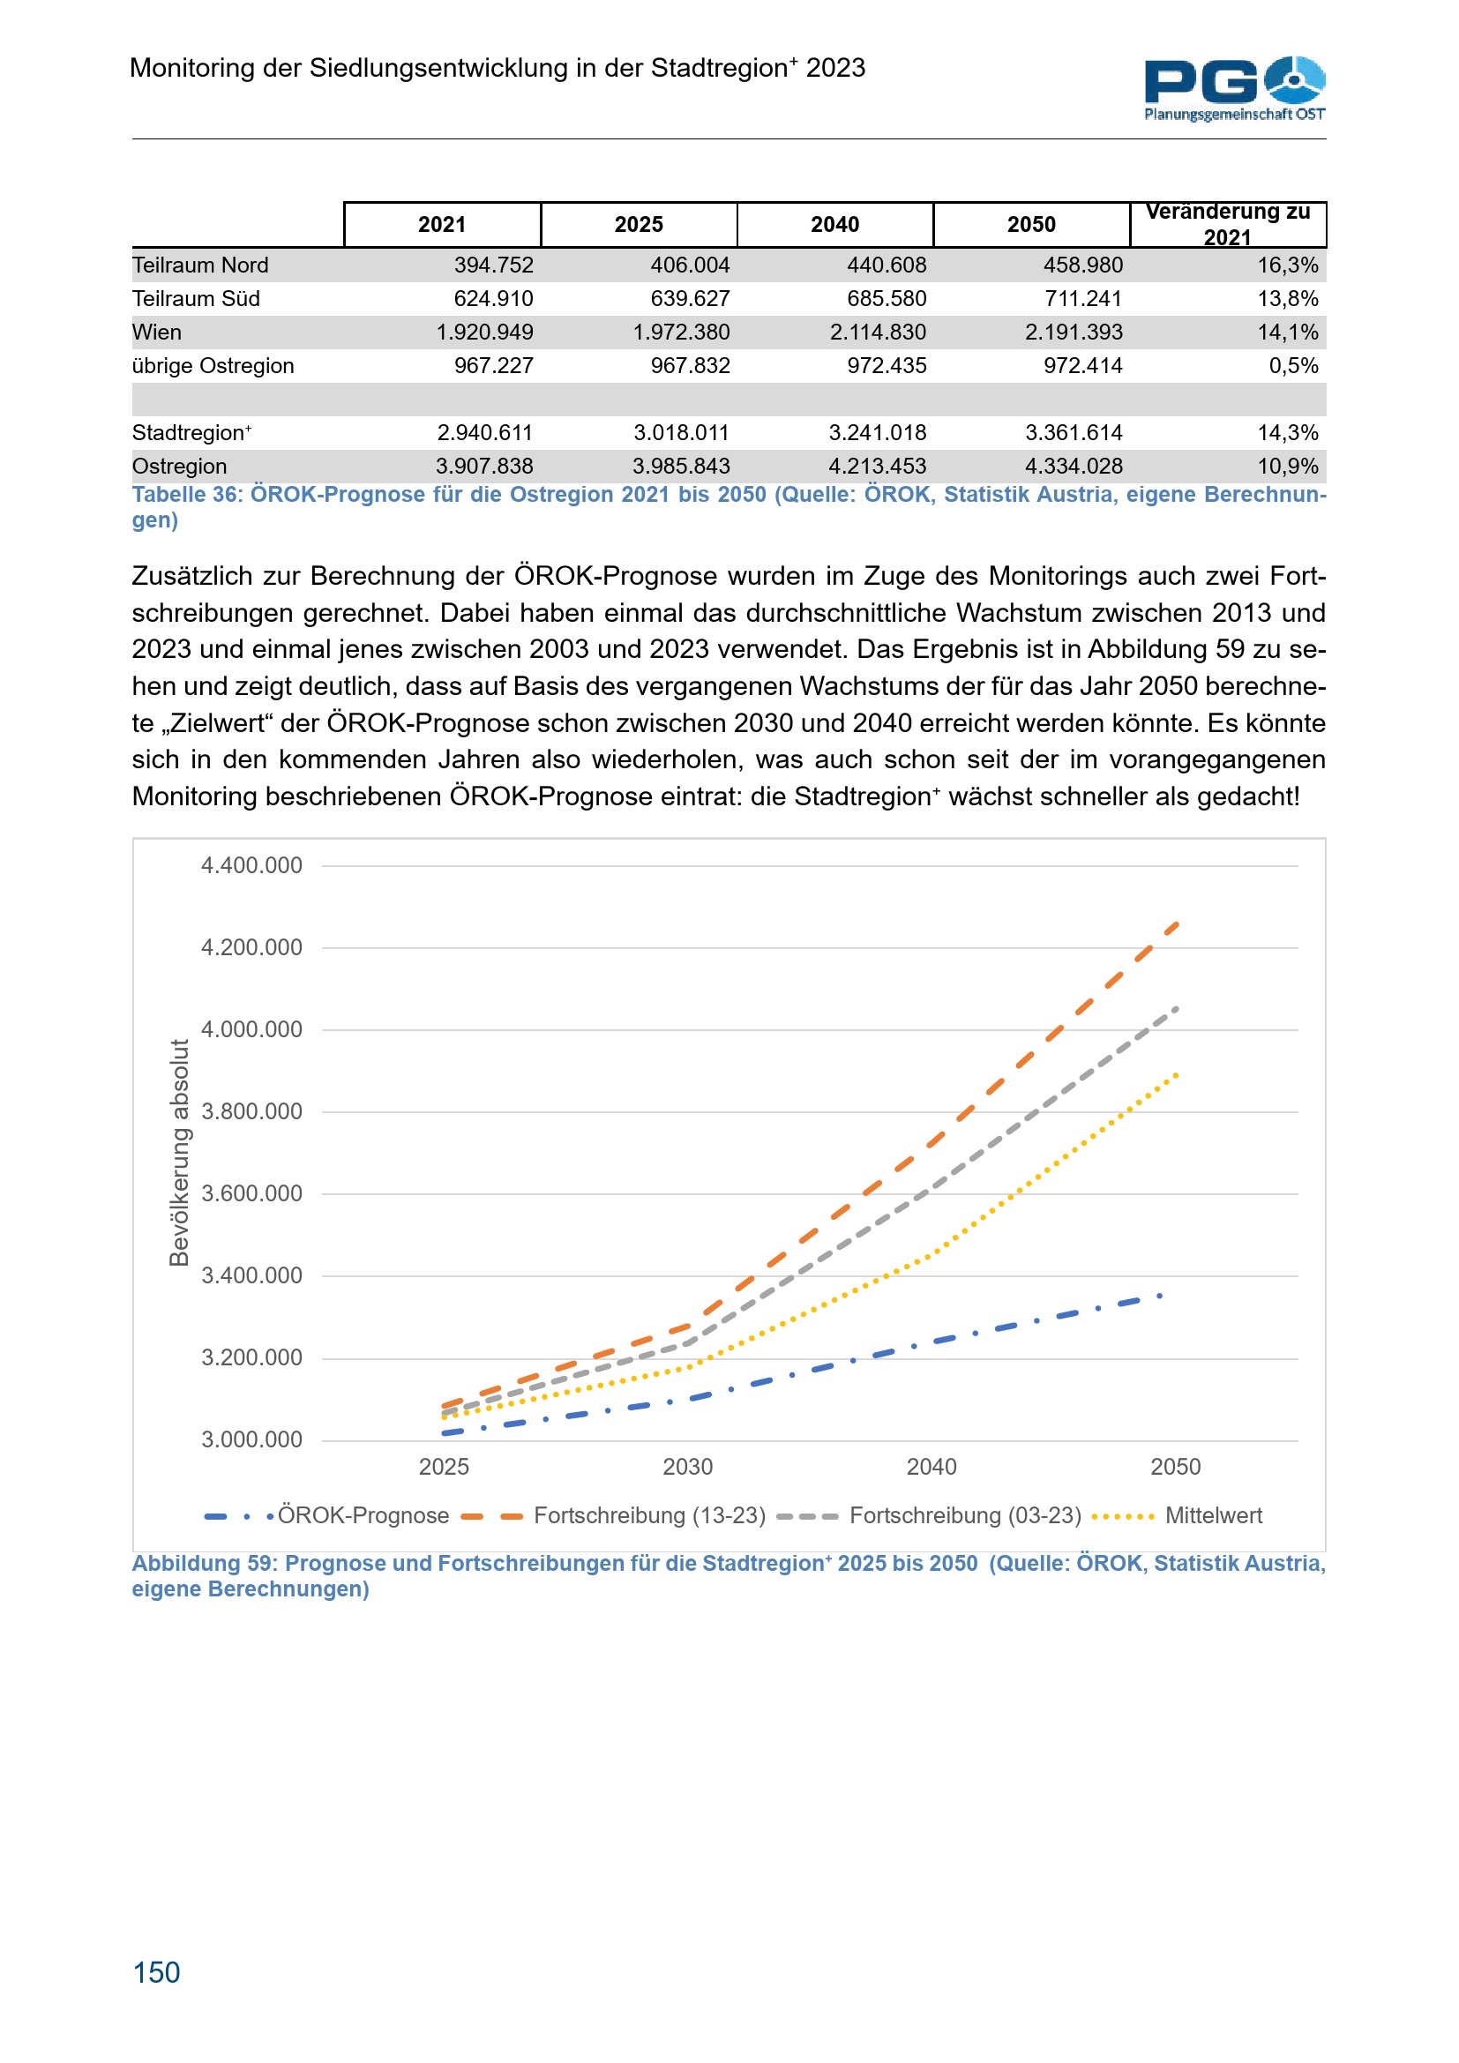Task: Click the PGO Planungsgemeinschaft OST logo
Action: click(x=1233, y=88)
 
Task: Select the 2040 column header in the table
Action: click(x=834, y=225)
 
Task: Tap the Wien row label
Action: click(x=157, y=333)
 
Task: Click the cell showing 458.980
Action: click(x=1082, y=265)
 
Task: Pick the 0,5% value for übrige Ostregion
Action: click(x=1293, y=366)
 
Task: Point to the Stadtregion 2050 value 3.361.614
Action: click(x=1074, y=433)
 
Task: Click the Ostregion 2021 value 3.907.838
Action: click(x=484, y=467)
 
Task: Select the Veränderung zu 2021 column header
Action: click(x=1227, y=225)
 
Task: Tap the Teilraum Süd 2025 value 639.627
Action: click(x=690, y=298)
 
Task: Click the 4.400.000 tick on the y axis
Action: click(x=251, y=865)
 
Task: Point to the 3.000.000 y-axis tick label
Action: click(x=251, y=1439)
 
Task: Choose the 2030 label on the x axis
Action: click(x=687, y=1468)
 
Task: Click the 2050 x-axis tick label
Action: click(x=1175, y=1468)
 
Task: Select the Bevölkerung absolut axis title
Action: click(x=180, y=1152)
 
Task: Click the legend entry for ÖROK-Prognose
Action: click(x=362, y=1516)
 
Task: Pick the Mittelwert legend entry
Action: click(x=1213, y=1516)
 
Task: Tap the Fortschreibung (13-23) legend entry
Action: click(x=648, y=1516)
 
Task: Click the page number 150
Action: click(x=156, y=1972)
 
